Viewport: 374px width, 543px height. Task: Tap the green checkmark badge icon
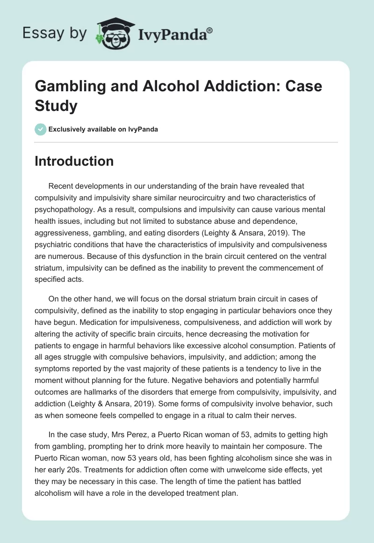(x=41, y=129)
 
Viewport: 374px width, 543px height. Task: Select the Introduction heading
(x=74, y=161)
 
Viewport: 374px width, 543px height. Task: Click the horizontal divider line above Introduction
(x=187, y=142)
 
